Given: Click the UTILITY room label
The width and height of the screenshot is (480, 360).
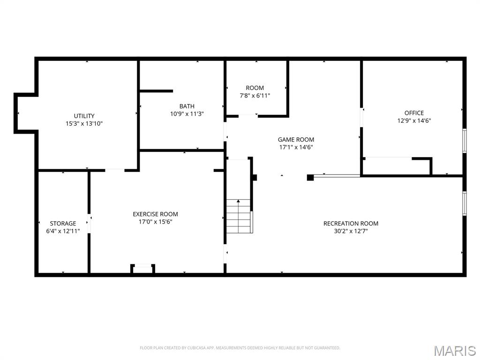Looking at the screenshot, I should click(x=84, y=116).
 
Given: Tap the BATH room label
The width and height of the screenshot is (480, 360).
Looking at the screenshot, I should click(x=187, y=106).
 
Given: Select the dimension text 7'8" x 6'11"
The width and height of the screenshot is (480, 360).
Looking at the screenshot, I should click(x=255, y=96).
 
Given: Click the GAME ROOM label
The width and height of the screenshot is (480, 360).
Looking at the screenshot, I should click(x=296, y=139).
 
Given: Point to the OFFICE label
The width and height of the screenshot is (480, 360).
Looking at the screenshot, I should click(x=414, y=112).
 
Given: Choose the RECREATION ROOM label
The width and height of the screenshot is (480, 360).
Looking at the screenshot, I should click(x=351, y=223).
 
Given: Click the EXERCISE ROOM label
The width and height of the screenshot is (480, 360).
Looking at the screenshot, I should click(x=155, y=214).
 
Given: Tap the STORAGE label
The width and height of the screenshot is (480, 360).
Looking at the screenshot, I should click(x=63, y=224).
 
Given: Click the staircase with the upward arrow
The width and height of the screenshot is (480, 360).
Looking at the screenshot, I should click(x=239, y=216).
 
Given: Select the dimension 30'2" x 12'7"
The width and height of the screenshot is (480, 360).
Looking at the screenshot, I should click(x=351, y=231).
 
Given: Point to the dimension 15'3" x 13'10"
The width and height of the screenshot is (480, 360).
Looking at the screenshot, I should click(x=84, y=124).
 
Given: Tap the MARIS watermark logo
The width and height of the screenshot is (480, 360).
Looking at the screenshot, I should click(x=454, y=350).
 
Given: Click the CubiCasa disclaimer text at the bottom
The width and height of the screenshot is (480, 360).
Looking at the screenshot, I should click(x=240, y=348).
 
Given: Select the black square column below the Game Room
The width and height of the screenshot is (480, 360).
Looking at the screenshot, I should click(x=310, y=177).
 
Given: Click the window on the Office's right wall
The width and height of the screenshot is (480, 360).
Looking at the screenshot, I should click(x=464, y=141).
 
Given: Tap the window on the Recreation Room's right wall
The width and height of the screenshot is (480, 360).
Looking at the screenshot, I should click(x=464, y=203).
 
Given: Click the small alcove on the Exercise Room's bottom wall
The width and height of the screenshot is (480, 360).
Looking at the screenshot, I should click(x=143, y=269).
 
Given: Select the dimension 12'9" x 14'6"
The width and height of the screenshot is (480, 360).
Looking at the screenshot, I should click(x=414, y=120).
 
